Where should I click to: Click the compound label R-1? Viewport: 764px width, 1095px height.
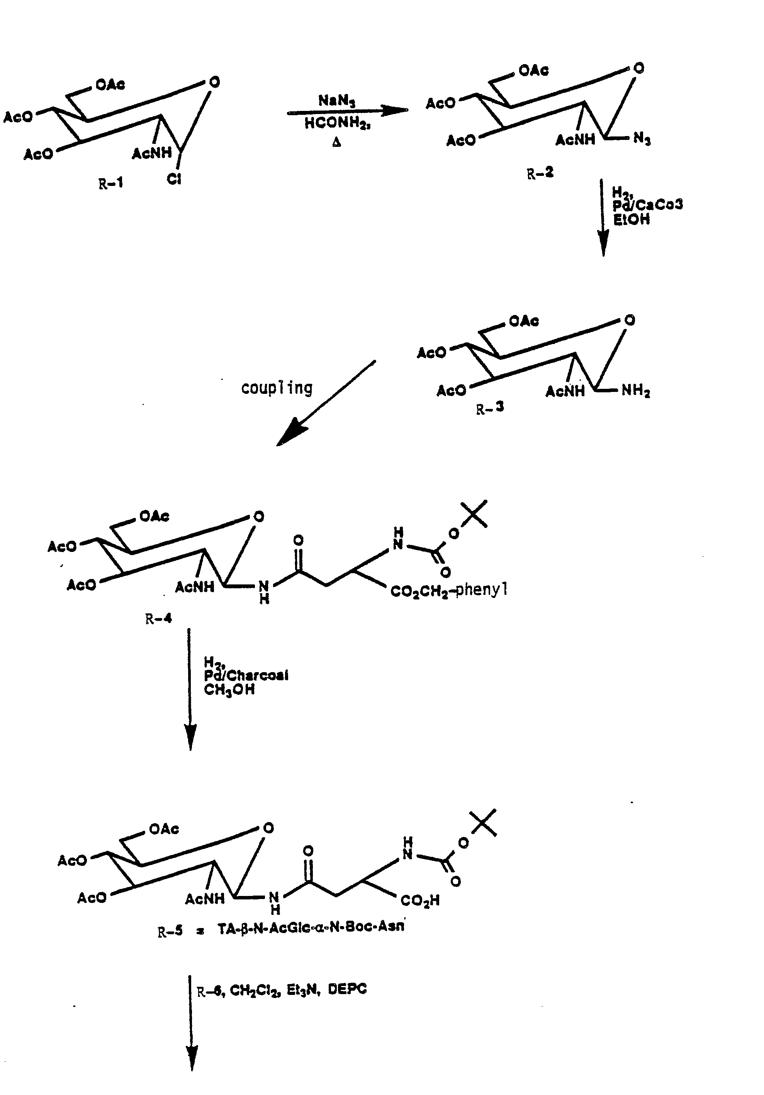tap(110, 183)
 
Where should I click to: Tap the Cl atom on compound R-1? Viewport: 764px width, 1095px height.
tap(174, 179)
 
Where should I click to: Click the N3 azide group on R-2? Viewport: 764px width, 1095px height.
tap(642, 139)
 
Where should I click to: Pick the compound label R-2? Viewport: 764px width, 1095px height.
tap(540, 173)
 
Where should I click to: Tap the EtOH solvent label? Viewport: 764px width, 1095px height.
tap(631, 220)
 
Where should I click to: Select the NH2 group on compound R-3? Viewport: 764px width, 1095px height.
tap(636, 391)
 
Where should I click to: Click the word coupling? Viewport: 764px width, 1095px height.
tap(277, 388)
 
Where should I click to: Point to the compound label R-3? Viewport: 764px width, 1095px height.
tap(490, 408)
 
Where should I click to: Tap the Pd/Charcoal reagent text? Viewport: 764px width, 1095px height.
tap(246, 675)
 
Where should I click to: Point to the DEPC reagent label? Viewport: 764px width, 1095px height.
tap(347, 989)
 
